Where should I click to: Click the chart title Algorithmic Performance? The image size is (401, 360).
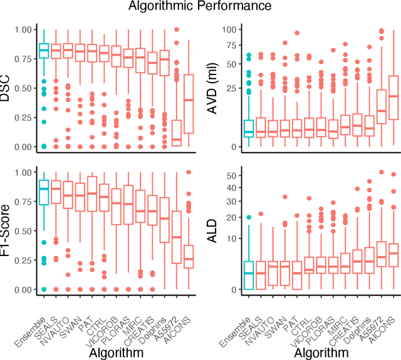(x=199, y=6)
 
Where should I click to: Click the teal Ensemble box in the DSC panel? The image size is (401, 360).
(x=44, y=51)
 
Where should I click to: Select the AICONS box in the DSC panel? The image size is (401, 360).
(x=189, y=103)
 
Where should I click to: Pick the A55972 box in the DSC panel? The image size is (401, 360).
(x=177, y=133)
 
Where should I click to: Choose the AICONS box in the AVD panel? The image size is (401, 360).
(x=393, y=105)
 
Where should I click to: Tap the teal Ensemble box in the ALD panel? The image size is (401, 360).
(x=249, y=275)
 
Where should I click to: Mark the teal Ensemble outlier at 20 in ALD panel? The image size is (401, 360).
(x=249, y=217)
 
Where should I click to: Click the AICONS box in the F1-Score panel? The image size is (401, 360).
(x=189, y=257)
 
